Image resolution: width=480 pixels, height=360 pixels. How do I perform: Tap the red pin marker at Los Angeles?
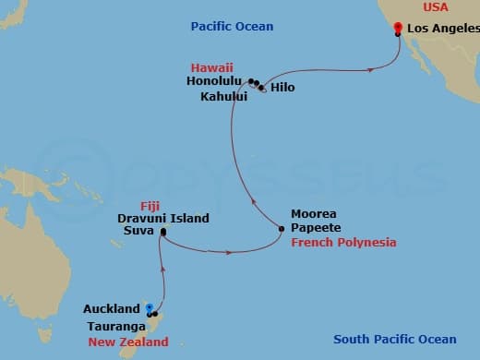pos(397,28)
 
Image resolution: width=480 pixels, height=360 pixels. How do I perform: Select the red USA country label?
pos(437,7)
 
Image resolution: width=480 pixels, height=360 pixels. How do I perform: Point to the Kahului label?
pos(222,95)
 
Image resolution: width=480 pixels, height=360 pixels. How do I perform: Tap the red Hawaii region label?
pos(212,67)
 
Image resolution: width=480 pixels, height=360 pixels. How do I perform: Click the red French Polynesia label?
pos(343,242)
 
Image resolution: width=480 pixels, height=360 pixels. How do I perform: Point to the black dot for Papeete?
pos(282,227)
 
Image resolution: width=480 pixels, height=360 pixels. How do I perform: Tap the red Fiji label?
pos(150,204)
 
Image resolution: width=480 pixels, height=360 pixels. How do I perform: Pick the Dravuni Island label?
pos(162,218)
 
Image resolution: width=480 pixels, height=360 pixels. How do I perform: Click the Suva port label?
pos(138,232)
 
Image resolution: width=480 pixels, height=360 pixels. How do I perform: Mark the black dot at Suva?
pos(162,232)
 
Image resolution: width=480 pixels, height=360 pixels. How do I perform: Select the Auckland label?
pos(112,309)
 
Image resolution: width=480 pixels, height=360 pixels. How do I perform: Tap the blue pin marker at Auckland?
pos(149,310)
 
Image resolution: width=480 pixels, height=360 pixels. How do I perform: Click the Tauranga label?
pos(118,327)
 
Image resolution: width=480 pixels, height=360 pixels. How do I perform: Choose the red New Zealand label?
pos(126,342)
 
